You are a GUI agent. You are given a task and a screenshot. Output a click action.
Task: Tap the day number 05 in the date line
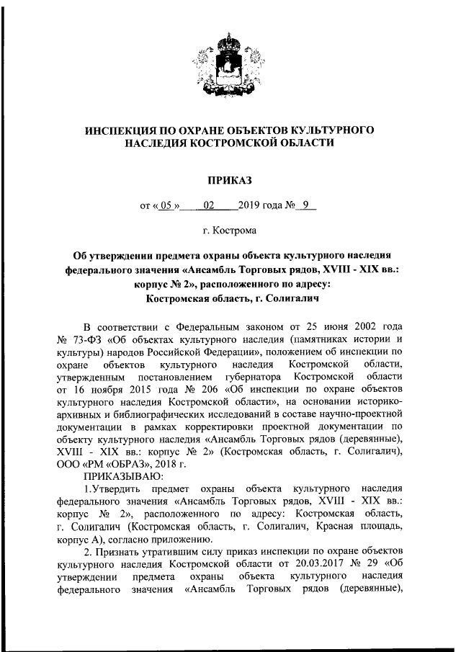(167, 205)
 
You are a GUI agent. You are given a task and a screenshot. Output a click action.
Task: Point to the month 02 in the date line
(209, 205)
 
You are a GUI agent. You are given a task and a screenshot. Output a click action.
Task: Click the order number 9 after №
(305, 205)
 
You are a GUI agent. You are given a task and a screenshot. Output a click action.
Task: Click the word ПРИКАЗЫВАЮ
(123, 476)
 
